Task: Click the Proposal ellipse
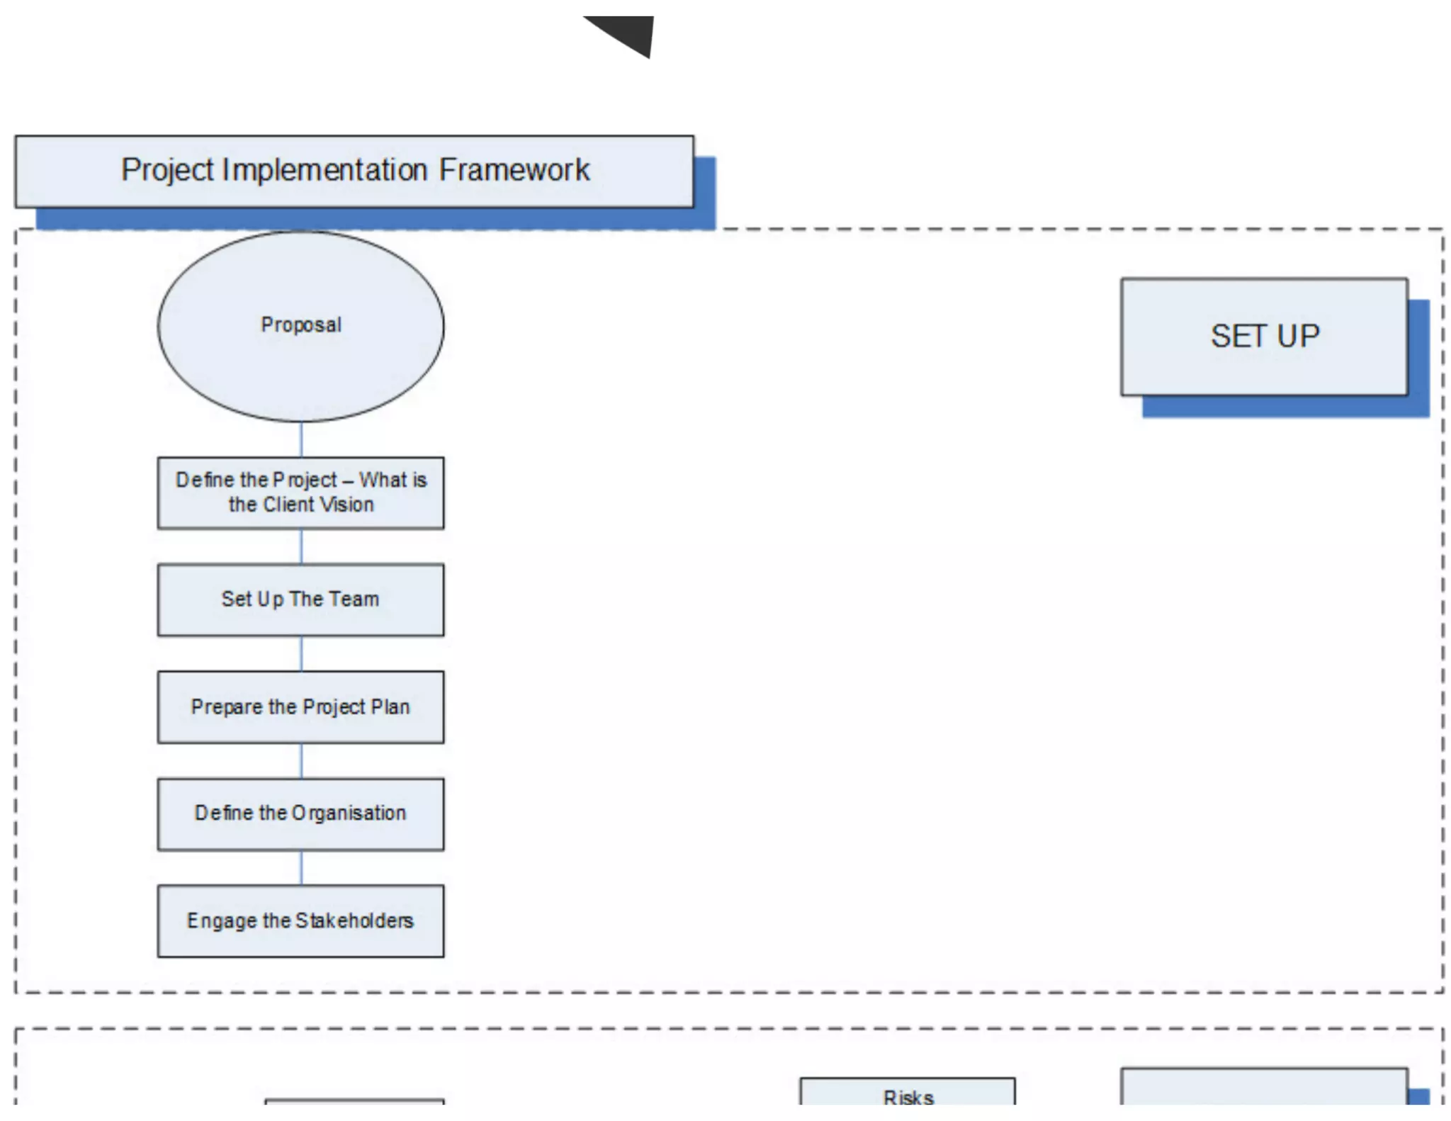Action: point(300,326)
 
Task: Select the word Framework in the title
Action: point(514,170)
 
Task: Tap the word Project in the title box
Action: point(167,170)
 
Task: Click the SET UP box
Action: point(1263,337)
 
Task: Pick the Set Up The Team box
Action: point(300,599)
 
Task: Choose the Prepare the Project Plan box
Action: point(300,706)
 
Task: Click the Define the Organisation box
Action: point(300,813)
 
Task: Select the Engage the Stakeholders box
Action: point(300,920)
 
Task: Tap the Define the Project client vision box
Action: point(300,492)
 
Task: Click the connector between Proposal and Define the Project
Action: point(301,439)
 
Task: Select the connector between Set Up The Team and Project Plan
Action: point(301,653)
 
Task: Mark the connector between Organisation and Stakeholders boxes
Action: point(301,867)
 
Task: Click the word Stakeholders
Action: point(354,920)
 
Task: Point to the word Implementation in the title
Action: point(324,170)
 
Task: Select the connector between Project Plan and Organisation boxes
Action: point(301,760)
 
